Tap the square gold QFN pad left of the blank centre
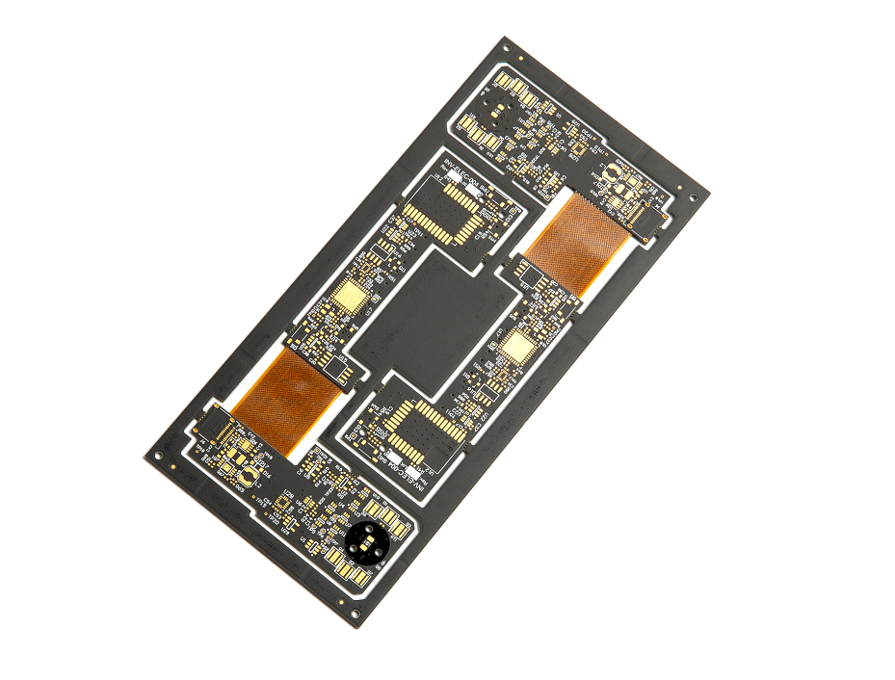point(349,298)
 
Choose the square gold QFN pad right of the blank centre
point(518,348)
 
